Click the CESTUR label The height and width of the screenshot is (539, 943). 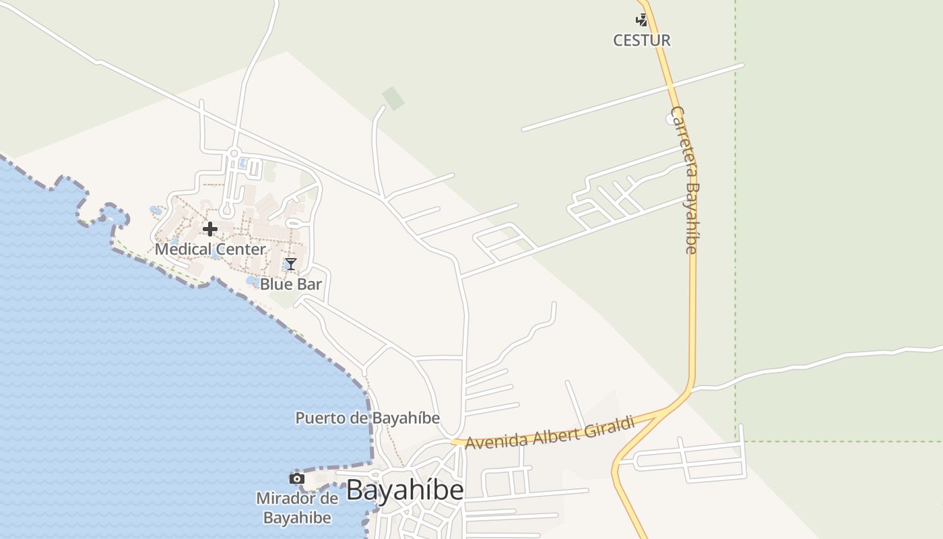[641, 40]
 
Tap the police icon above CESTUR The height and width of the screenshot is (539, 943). [642, 20]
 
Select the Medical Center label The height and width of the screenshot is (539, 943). [210, 249]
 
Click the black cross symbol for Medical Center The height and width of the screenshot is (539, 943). [210, 229]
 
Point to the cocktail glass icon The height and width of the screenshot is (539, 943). [290, 264]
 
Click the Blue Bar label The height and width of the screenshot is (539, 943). [291, 284]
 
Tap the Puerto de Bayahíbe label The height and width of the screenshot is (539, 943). [367, 418]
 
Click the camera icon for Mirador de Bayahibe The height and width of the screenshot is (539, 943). [296, 479]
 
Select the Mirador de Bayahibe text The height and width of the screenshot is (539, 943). [296, 508]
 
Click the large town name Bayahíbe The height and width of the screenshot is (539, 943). [405, 490]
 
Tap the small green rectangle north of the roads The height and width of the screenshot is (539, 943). [393, 98]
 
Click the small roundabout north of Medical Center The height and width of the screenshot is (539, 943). [234, 154]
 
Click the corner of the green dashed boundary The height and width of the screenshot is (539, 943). [736, 441]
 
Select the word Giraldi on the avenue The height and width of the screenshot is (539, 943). [610, 426]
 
